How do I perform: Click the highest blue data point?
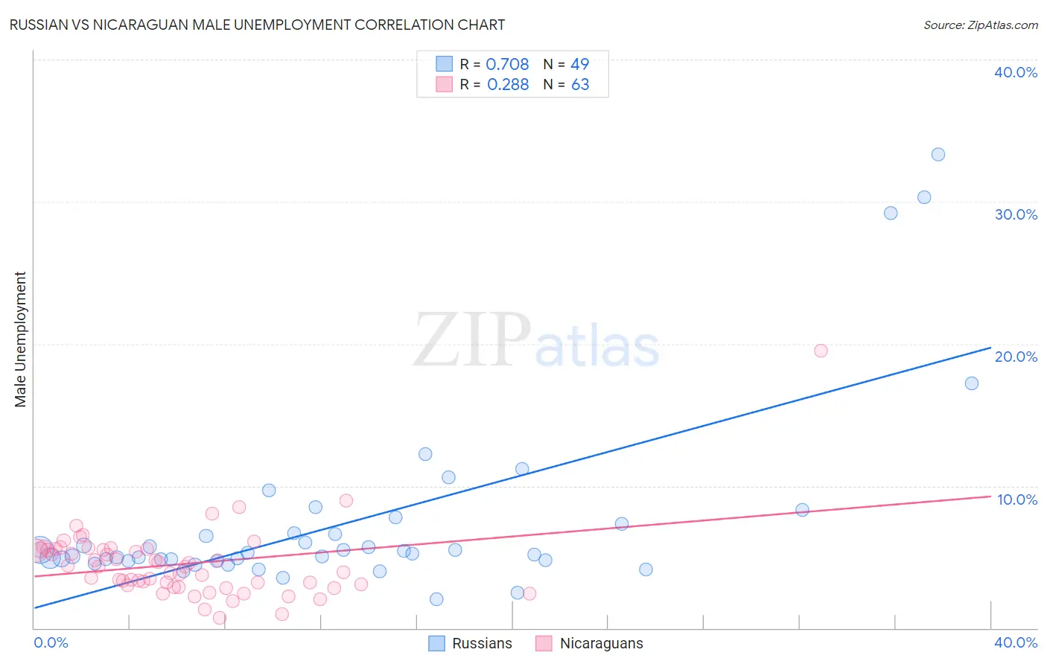(x=938, y=155)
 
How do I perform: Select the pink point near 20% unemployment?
(x=821, y=351)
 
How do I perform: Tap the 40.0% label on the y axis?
(x=1016, y=72)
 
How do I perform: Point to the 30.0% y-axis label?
(x=1016, y=214)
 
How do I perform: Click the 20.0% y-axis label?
(x=1016, y=357)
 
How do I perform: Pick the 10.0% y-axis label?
(x=1017, y=499)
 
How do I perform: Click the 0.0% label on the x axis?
(x=51, y=642)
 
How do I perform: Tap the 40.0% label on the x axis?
(x=1016, y=642)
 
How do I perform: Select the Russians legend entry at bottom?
(x=471, y=643)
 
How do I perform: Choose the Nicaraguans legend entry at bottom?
(x=589, y=643)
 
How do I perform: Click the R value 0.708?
(x=507, y=65)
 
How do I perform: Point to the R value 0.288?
(x=508, y=85)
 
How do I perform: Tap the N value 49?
(x=579, y=65)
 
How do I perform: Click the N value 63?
(x=580, y=85)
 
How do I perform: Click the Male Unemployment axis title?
(x=20, y=339)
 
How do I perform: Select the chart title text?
(x=257, y=25)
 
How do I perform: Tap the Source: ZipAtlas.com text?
(x=980, y=25)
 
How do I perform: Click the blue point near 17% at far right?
(x=972, y=383)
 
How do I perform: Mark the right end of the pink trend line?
(x=990, y=496)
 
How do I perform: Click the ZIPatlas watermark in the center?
(x=536, y=341)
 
